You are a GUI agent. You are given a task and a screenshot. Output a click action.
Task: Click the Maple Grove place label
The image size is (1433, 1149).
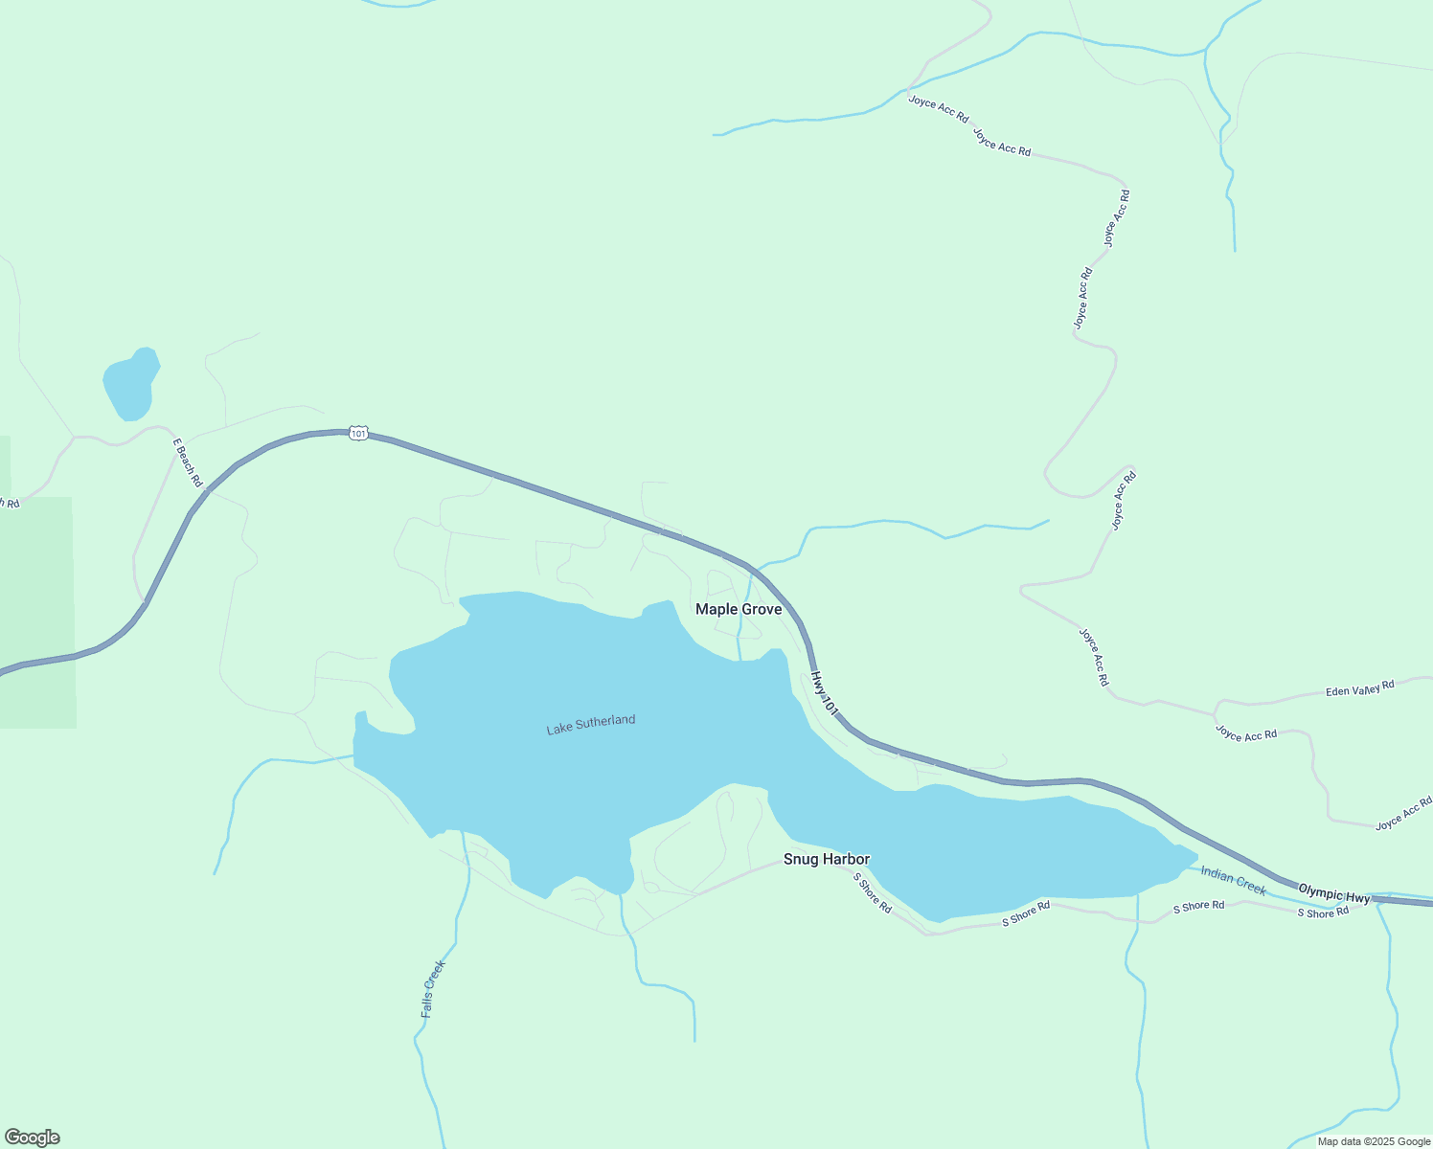tap(738, 609)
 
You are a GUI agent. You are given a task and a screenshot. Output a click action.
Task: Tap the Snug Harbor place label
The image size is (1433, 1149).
tap(826, 859)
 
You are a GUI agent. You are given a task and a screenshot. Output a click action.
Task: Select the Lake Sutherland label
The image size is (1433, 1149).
tap(590, 725)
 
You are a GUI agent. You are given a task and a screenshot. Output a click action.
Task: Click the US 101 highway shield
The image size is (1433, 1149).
tap(357, 434)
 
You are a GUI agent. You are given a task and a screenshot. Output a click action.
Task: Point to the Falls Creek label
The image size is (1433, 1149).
tap(433, 988)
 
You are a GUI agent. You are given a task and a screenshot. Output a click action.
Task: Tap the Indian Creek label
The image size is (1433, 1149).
tap(1233, 881)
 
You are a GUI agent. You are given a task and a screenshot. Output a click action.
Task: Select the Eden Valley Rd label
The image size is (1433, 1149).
tap(1359, 688)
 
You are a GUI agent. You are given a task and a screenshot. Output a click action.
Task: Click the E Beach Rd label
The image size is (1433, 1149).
tap(188, 462)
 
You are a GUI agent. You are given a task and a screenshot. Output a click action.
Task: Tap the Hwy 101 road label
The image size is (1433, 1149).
tap(824, 693)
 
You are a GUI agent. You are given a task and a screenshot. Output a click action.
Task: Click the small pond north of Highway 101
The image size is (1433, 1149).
tap(130, 383)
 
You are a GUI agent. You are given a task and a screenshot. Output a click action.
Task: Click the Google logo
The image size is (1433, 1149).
tap(32, 1138)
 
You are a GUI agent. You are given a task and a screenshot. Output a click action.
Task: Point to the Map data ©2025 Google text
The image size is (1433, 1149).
tap(1373, 1141)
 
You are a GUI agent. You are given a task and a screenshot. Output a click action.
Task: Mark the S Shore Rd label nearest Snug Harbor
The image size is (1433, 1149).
tap(872, 893)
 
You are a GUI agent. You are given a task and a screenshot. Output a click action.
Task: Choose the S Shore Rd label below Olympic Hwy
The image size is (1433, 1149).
tap(1323, 912)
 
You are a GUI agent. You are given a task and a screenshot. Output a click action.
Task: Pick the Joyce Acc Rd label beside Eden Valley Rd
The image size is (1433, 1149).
tap(1245, 733)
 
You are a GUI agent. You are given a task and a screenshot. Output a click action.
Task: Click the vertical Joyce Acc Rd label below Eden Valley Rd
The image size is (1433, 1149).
tap(1094, 657)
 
